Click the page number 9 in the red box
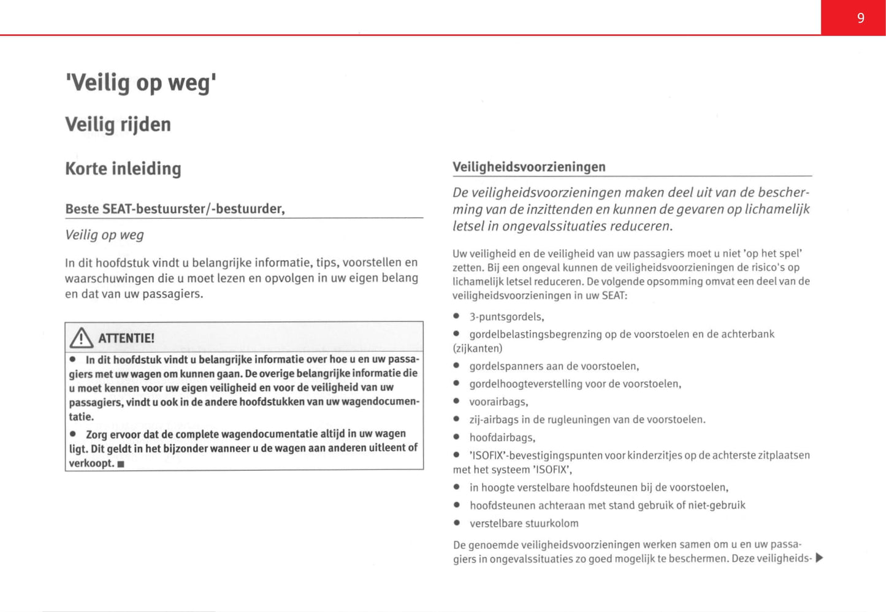(860, 18)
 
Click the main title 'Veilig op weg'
(140, 82)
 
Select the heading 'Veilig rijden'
(118, 124)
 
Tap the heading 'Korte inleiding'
(123, 169)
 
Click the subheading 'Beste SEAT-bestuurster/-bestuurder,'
(175, 209)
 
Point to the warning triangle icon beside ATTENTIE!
(82, 337)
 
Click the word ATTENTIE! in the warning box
(126, 338)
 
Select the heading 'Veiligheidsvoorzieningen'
(529, 167)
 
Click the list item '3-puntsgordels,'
(506, 317)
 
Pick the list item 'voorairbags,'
(498, 402)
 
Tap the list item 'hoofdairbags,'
(502, 438)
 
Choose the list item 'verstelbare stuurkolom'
(524, 524)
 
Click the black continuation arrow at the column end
(819, 558)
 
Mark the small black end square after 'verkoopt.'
(121, 464)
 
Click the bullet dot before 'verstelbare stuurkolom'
(457, 523)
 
